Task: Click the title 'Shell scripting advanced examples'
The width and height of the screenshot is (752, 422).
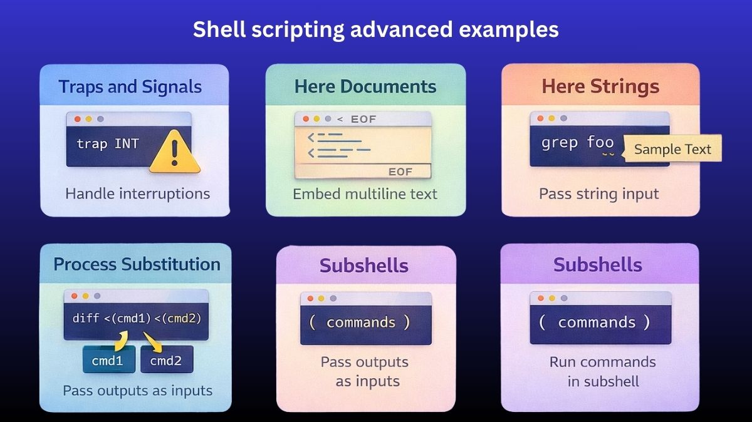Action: (375, 29)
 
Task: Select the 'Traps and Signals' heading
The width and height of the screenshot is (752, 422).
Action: (130, 86)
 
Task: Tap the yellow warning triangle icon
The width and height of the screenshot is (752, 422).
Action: (175, 152)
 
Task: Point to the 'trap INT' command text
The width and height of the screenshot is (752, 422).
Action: (108, 143)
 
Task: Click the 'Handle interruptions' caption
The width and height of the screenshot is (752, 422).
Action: (137, 193)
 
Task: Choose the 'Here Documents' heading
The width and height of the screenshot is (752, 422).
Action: (365, 86)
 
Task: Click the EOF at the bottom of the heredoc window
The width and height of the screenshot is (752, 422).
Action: (400, 172)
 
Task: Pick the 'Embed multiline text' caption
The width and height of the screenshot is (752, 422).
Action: (365, 193)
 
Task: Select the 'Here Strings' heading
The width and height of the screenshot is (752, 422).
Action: (600, 86)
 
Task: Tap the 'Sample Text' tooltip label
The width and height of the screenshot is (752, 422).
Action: (672, 149)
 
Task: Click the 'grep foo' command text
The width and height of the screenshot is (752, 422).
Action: (577, 143)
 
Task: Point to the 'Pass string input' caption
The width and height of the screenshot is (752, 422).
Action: (598, 193)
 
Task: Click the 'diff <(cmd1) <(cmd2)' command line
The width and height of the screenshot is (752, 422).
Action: (137, 318)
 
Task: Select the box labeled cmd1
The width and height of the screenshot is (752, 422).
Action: (108, 360)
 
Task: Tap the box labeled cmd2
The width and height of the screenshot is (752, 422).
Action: (167, 360)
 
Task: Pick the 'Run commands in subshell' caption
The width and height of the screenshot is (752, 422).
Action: (602, 371)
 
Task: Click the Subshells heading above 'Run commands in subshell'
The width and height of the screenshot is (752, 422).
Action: (597, 265)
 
